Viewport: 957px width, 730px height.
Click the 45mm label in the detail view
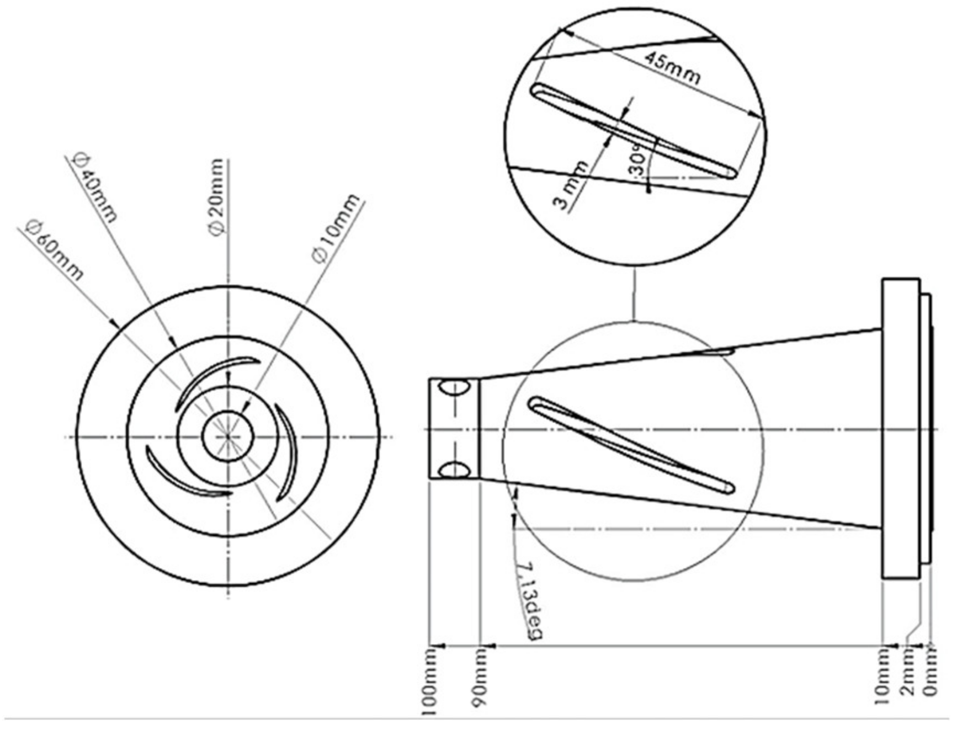pyautogui.click(x=672, y=67)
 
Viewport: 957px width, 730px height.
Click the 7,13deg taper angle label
pyautogui.click(x=530, y=600)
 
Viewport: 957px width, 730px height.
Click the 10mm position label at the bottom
pyautogui.click(x=883, y=676)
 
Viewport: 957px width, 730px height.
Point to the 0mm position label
pyautogui.click(x=931, y=673)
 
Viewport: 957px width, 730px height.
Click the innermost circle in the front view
pyautogui.click(x=228, y=436)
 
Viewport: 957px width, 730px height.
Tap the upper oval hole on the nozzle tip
pyautogui.click(x=454, y=387)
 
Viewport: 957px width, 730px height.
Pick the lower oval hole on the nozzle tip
pyautogui.click(x=454, y=471)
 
